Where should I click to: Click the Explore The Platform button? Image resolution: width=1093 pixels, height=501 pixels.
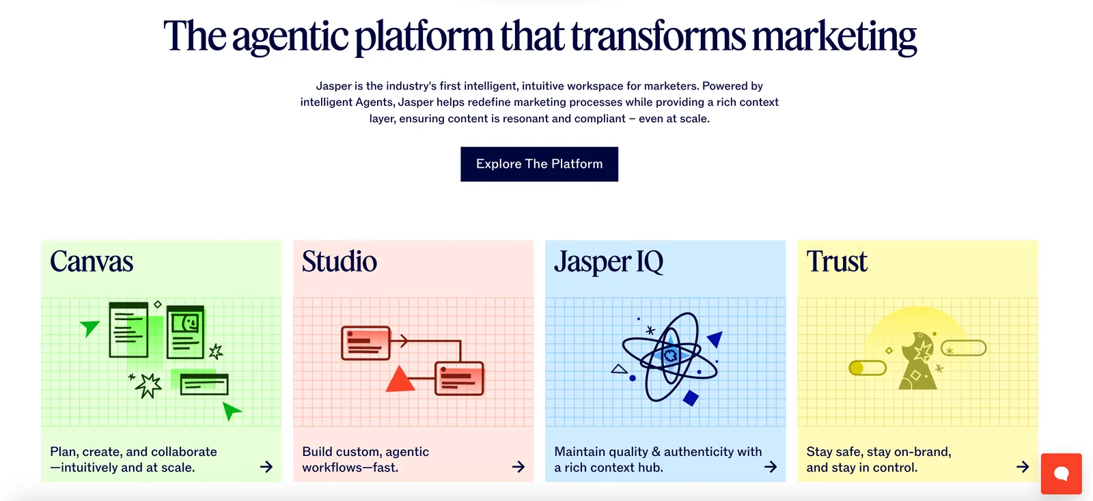coord(539,164)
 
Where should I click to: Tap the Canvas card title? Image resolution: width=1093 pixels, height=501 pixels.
coord(92,261)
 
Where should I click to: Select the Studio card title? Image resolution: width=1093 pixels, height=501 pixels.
coord(339,261)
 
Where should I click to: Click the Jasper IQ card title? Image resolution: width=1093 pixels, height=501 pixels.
coord(609,262)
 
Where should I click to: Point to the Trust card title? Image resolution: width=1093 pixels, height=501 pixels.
coord(837,261)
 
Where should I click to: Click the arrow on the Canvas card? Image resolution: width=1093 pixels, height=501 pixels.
coord(266,467)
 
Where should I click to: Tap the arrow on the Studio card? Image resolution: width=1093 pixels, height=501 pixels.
coord(518,467)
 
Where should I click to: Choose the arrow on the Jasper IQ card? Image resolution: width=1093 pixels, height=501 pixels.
coord(771,467)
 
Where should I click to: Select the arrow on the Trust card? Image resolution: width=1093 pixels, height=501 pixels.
coord(1023,467)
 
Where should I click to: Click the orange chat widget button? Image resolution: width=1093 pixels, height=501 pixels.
coord(1062,474)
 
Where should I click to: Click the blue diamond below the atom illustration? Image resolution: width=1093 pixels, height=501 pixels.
coord(691,398)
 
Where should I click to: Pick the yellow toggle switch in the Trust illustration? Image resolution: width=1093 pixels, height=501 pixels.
coord(868,368)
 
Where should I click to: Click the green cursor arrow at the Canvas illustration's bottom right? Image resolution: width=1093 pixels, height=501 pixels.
coord(232,411)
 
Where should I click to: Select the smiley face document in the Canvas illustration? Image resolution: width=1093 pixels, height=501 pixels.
coord(185,332)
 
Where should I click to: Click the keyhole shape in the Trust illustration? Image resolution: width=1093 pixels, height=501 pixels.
coord(918,361)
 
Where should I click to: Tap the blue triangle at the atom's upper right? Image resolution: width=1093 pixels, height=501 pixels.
coord(715,339)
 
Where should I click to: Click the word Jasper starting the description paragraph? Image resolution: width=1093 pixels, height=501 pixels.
coord(334,86)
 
